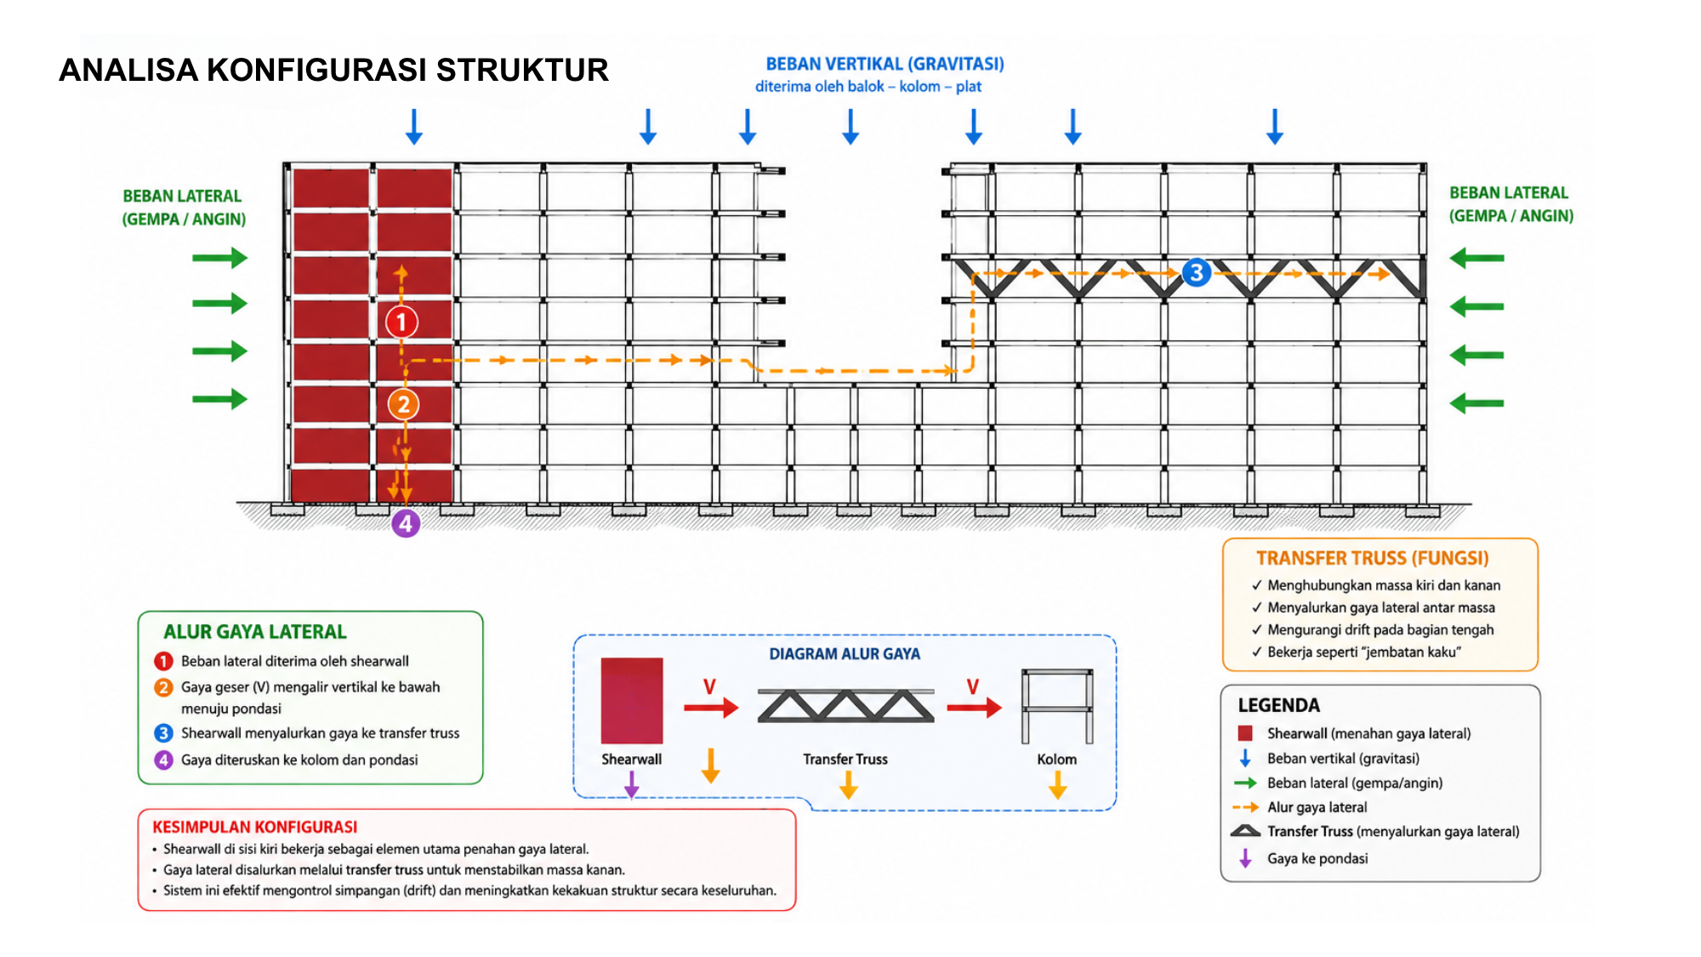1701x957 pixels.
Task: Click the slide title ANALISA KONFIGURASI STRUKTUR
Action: coord(333,70)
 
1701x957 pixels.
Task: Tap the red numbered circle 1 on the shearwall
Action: coord(401,322)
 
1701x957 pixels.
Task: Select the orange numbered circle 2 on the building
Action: coord(404,404)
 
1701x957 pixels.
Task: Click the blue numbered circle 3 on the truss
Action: coord(1197,272)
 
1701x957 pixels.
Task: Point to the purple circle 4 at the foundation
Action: coord(406,523)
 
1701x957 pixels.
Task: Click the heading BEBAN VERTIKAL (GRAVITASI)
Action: coord(885,64)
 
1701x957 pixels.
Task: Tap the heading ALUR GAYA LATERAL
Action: coord(255,631)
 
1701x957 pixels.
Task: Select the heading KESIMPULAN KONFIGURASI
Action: coord(254,827)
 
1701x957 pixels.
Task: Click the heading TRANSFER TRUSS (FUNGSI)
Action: coord(1373,558)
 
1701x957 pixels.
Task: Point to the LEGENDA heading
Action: coord(1278,705)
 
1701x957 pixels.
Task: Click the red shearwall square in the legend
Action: coord(1245,733)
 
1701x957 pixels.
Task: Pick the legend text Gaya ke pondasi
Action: coord(1317,858)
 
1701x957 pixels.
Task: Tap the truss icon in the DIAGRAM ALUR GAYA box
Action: coord(845,706)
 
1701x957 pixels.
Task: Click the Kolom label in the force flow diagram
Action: coord(1056,759)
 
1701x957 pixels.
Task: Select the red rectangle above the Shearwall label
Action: coord(631,700)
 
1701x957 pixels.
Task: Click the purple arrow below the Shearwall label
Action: coord(631,784)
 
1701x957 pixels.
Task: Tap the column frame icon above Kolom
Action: coord(1057,706)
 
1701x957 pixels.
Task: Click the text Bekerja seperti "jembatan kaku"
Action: coord(1364,652)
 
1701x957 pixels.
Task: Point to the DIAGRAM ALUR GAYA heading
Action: coord(845,653)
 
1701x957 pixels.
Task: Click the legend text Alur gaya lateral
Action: coord(1317,807)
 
